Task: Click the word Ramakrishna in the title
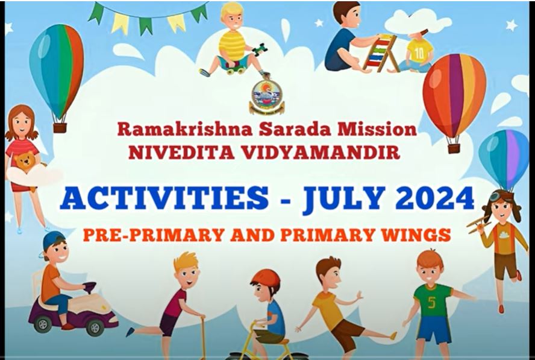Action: click(x=186, y=130)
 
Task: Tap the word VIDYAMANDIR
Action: click(x=321, y=153)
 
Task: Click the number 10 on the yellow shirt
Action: click(x=419, y=53)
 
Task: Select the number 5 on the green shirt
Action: click(x=431, y=302)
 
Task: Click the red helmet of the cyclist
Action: click(x=266, y=279)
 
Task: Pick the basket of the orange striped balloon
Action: click(x=454, y=148)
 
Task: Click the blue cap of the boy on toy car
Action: click(x=52, y=239)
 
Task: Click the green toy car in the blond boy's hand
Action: click(x=260, y=49)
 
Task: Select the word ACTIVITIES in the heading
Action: click(x=164, y=198)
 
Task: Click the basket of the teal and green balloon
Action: click(x=60, y=128)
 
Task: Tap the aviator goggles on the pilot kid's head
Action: click(x=495, y=196)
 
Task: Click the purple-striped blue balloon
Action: click(x=504, y=158)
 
